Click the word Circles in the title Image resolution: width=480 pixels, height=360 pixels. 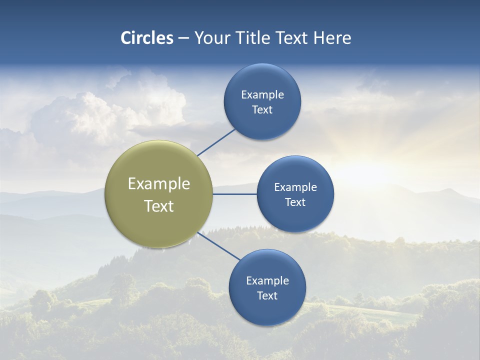click(x=147, y=38)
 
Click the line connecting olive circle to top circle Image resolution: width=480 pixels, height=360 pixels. click(x=216, y=142)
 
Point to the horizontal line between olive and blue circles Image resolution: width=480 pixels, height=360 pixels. click(x=235, y=194)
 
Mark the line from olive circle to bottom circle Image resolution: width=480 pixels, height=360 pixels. click(x=218, y=246)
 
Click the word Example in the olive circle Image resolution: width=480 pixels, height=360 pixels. click(x=159, y=184)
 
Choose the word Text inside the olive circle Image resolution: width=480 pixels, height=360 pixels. click(x=159, y=206)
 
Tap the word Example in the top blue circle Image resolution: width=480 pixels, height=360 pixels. click(x=262, y=95)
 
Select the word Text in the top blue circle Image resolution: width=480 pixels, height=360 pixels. click(x=262, y=110)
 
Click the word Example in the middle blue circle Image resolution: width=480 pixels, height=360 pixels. click(x=295, y=187)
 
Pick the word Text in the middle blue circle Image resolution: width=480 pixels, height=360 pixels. click(x=295, y=202)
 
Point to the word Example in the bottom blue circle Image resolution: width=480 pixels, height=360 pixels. click(x=267, y=281)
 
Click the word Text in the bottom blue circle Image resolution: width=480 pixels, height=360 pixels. click(x=267, y=296)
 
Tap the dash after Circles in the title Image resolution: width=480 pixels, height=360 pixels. click(x=183, y=38)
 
